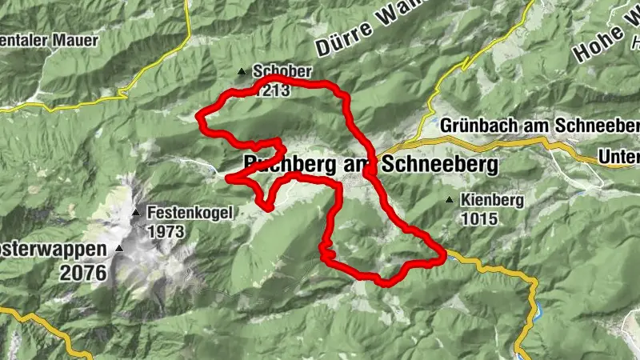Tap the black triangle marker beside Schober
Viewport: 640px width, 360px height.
point(242,72)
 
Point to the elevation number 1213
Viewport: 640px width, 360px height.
point(276,90)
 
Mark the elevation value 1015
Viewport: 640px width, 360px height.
point(479,218)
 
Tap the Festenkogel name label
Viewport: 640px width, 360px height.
point(190,214)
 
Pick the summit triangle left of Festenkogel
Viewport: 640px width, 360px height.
point(136,213)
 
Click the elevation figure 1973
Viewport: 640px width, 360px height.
point(166,232)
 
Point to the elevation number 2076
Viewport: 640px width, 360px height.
point(82,274)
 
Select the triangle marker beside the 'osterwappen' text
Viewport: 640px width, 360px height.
point(119,249)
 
